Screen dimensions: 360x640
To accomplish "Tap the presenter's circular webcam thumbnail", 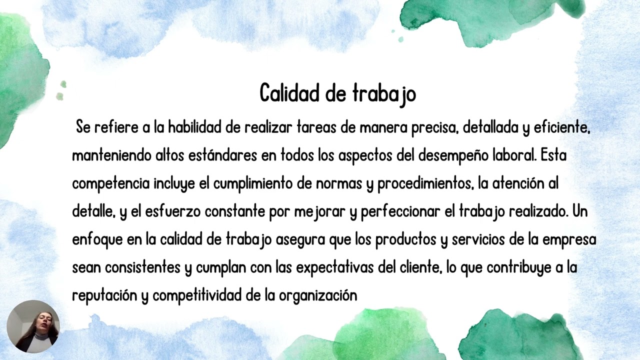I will click(33, 326).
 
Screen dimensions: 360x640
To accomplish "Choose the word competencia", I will click(110, 184).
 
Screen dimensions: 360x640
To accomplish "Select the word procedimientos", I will click(425, 184).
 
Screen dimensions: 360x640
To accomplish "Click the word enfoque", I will click(97, 240).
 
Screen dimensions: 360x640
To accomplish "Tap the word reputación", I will click(104, 296).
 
